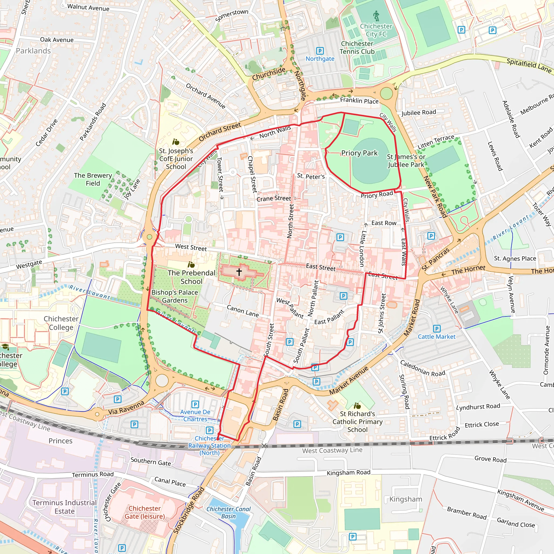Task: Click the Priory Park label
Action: click(x=359, y=153)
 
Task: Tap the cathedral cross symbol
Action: click(x=239, y=271)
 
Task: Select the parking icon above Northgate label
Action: click(x=320, y=51)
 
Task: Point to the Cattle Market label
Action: click(x=436, y=337)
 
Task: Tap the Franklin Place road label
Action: click(x=359, y=101)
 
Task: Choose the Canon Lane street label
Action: click(x=243, y=311)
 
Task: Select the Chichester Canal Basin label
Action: click(x=228, y=512)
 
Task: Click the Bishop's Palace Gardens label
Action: click(x=175, y=296)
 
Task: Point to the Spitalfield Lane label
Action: click(x=529, y=65)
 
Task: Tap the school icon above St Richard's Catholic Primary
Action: click(x=357, y=406)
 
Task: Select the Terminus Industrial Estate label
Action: click(x=65, y=507)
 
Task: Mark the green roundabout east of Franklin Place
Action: click(x=386, y=94)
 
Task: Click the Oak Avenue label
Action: click(x=57, y=40)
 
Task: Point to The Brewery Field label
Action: click(x=93, y=179)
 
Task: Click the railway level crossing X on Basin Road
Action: click(x=264, y=446)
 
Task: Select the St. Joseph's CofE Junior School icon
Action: click(x=176, y=142)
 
